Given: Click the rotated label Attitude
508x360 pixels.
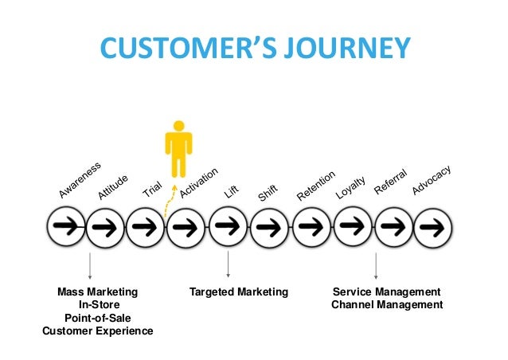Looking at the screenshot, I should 113,186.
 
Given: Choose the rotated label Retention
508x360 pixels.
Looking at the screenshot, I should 316,184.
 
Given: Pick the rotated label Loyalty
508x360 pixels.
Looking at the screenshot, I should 350,186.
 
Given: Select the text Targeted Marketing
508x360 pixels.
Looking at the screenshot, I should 238,292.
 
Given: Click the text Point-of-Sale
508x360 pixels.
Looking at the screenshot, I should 97,318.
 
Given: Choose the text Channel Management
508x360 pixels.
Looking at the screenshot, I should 387,305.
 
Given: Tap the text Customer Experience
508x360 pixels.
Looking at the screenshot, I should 97,331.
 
